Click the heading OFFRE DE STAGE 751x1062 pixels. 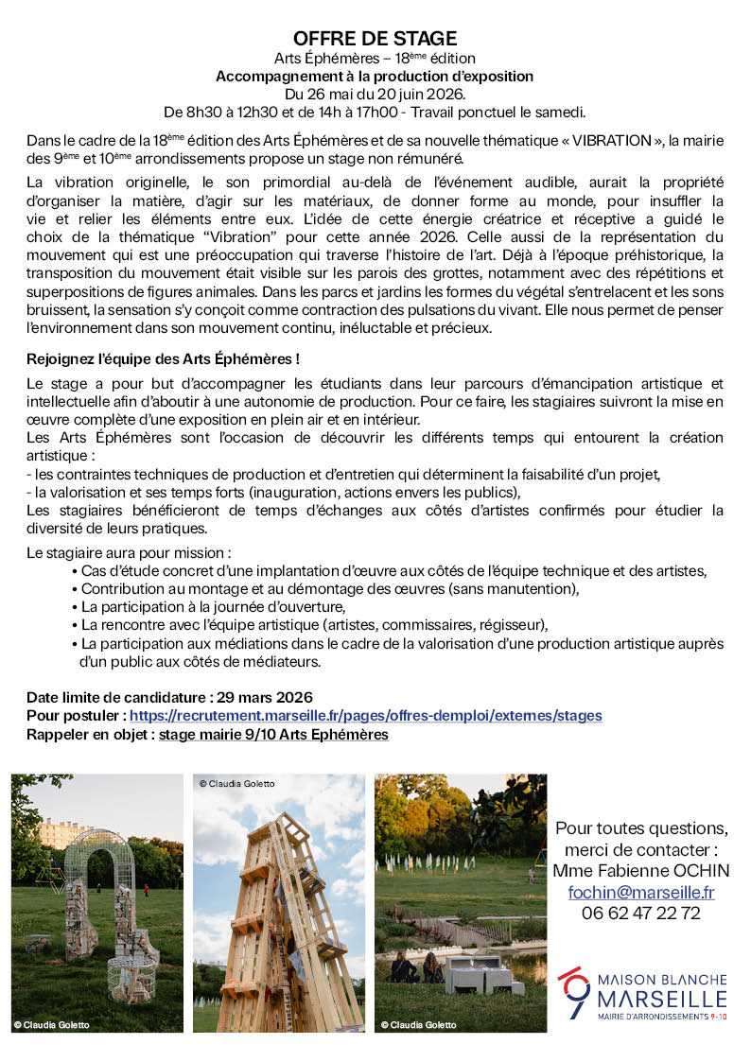[x=375, y=39]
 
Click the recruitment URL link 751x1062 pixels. [x=365, y=716]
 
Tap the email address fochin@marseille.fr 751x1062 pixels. [x=640, y=892]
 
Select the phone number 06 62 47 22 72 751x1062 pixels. [x=640, y=913]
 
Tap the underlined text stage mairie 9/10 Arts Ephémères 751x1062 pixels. [x=273, y=734]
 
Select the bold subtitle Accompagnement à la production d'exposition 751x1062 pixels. [x=375, y=77]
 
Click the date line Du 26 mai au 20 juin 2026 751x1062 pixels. [x=375, y=94]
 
